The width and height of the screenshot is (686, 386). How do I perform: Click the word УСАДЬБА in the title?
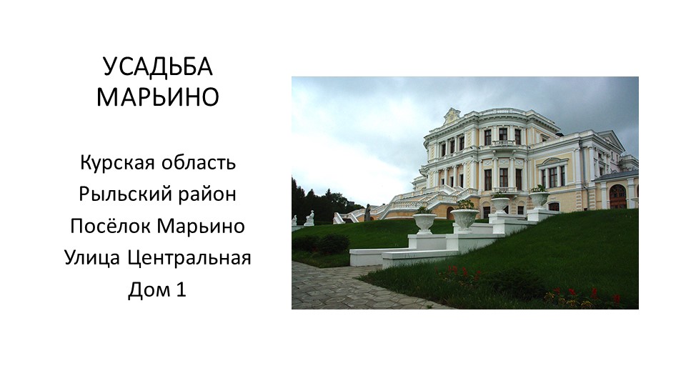(x=157, y=67)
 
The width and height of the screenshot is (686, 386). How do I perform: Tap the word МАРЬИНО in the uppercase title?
(x=157, y=96)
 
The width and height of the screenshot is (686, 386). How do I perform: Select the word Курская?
(x=117, y=163)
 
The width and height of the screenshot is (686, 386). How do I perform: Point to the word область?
(x=199, y=163)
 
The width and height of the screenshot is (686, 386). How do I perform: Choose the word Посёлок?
(x=110, y=226)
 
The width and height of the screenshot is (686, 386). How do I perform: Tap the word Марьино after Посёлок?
(x=201, y=226)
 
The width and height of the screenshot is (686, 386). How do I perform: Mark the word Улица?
(x=92, y=258)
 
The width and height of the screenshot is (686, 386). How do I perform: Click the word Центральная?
(x=189, y=258)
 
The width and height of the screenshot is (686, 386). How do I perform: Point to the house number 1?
(x=181, y=289)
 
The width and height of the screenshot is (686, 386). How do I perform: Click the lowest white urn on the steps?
(x=424, y=222)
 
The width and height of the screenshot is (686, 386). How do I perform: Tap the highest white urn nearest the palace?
(x=539, y=198)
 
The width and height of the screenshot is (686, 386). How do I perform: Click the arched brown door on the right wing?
(x=617, y=197)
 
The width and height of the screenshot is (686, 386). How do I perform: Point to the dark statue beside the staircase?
(x=367, y=213)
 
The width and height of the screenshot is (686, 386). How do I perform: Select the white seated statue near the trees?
(x=310, y=218)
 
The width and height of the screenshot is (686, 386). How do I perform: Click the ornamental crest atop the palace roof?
(x=452, y=116)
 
